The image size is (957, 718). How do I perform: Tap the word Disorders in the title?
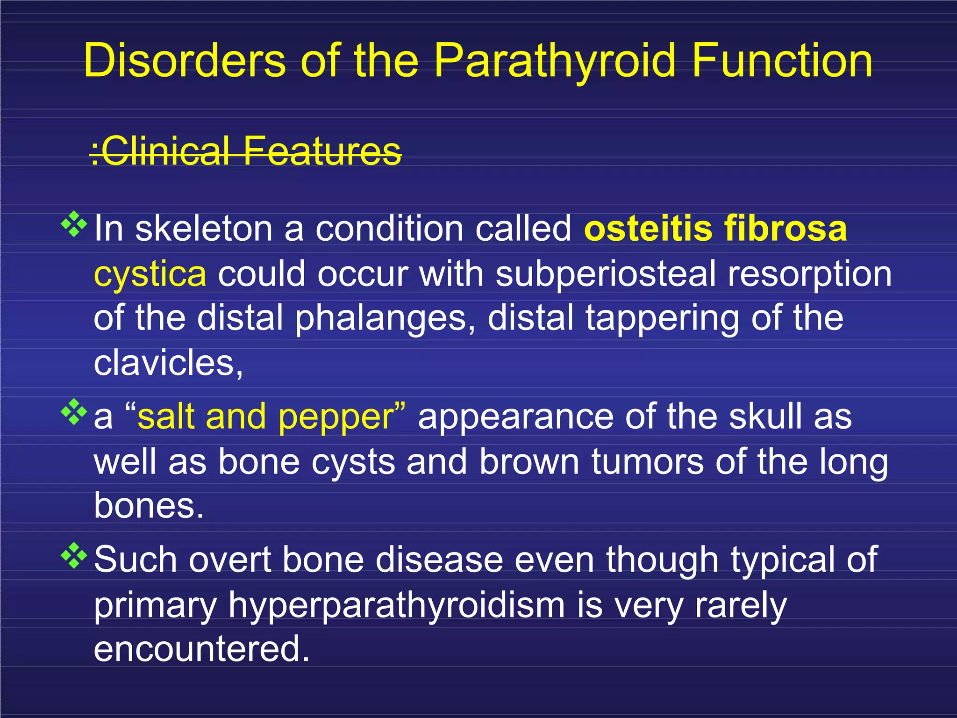click(x=185, y=61)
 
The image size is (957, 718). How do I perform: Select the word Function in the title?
click(x=782, y=61)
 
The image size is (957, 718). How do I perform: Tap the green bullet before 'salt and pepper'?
click(x=74, y=412)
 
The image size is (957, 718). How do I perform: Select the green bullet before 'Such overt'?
click(x=74, y=555)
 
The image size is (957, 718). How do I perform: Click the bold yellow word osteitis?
click(x=648, y=229)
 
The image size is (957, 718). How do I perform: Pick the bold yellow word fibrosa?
click(x=786, y=229)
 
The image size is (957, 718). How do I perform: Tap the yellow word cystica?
click(x=150, y=275)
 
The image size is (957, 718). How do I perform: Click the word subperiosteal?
click(x=606, y=274)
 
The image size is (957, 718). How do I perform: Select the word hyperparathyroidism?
click(x=396, y=606)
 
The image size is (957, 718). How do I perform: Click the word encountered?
click(x=201, y=649)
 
